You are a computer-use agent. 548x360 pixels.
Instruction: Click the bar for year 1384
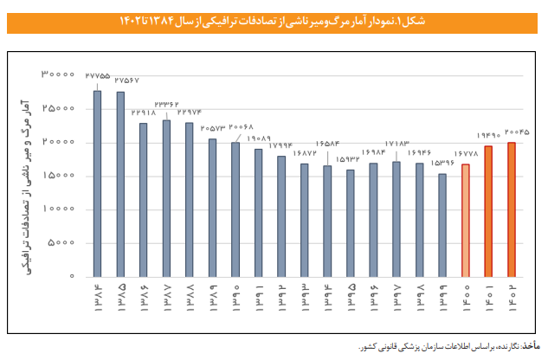pyautogui.click(x=97, y=184)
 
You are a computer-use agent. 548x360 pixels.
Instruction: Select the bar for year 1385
pyautogui.click(x=120, y=184)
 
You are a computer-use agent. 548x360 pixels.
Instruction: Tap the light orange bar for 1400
pyautogui.click(x=466, y=221)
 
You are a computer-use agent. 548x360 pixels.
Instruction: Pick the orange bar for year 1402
pyautogui.click(x=512, y=209)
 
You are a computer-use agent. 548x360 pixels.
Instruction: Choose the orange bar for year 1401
pyautogui.click(x=488, y=211)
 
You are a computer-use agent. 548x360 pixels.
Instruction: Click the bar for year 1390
pyautogui.click(x=235, y=209)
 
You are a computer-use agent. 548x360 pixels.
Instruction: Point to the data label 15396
pyautogui.click(x=441, y=164)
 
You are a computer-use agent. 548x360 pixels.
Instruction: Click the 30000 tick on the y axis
pyautogui.click(x=60, y=75)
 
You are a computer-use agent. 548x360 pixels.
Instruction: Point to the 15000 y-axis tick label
pyautogui.click(x=60, y=176)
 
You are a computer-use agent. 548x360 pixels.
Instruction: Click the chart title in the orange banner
pyautogui.click(x=274, y=19)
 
